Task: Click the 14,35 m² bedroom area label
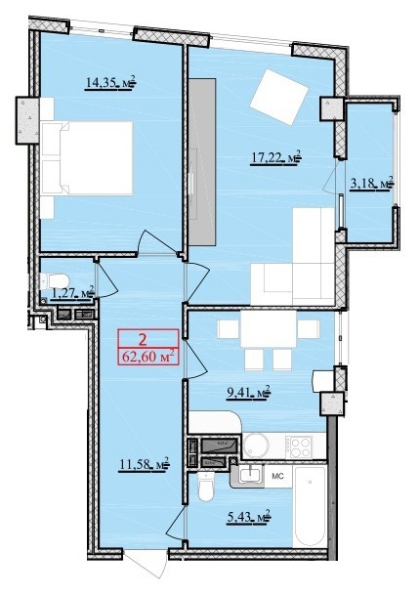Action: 110,85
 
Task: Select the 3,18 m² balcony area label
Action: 371,182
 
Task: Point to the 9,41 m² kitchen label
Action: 247,394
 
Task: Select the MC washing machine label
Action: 276,477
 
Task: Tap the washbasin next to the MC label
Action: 249,476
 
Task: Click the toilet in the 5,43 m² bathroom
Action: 205,485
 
